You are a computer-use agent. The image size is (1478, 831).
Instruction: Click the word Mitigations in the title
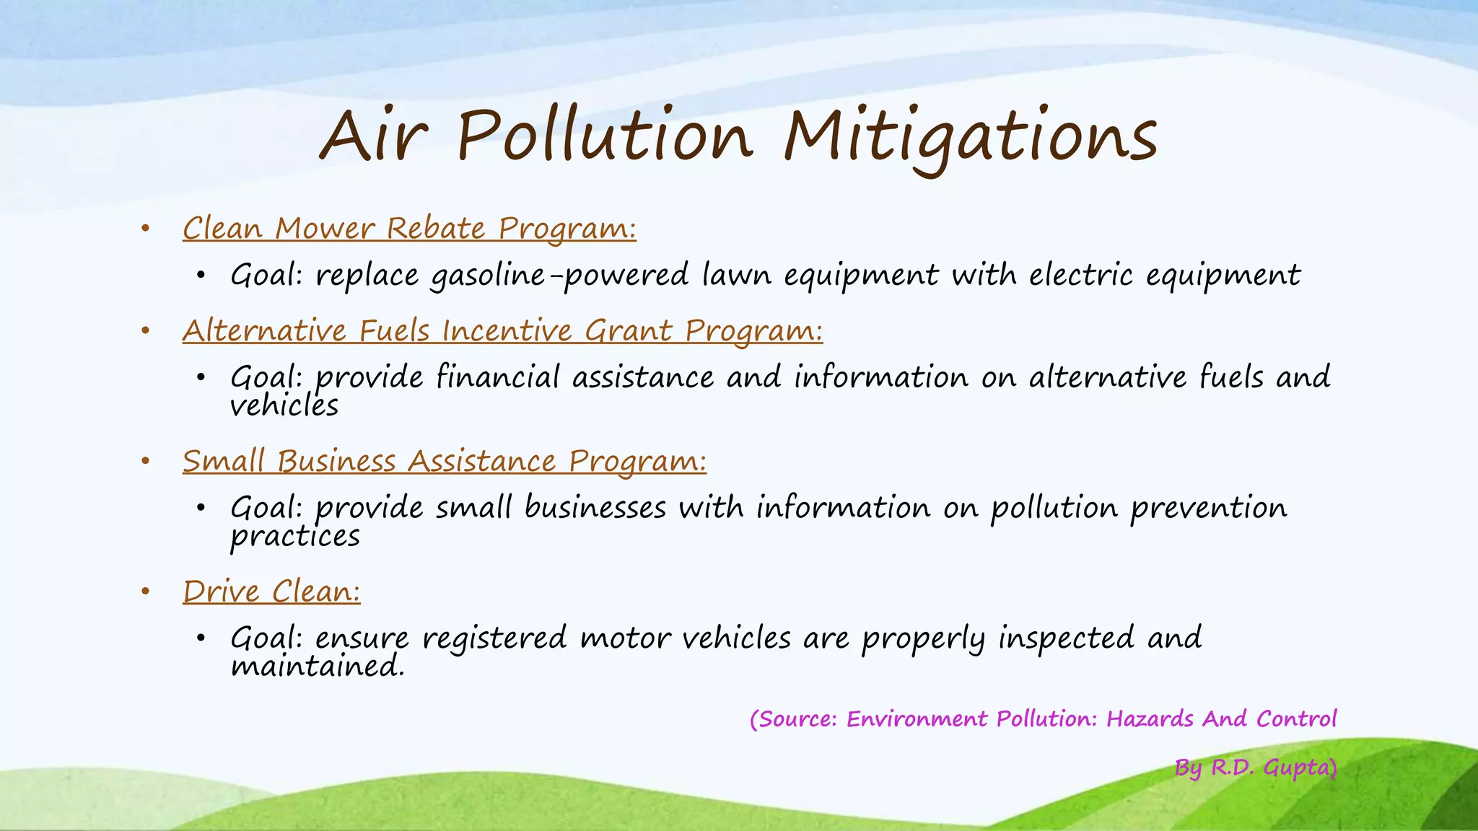pyautogui.click(x=971, y=137)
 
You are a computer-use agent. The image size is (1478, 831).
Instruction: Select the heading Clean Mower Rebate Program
pyautogui.click(x=409, y=229)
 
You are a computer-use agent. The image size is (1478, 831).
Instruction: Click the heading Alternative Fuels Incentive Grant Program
pyautogui.click(x=502, y=331)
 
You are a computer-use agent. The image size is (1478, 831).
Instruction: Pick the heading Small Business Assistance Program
pyautogui.click(x=444, y=462)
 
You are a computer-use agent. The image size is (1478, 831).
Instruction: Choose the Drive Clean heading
pyautogui.click(x=271, y=592)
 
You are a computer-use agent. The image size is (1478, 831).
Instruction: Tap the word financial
pyautogui.click(x=498, y=377)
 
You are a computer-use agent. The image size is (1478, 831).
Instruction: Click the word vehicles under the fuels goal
pyautogui.click(x=284, y=406)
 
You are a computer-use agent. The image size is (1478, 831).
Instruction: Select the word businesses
pyautogui.click(x=595, y=508)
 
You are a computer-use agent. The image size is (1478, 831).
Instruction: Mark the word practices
pyautogui.click(x=295, y=537)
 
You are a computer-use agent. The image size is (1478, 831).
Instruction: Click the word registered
pyautogui.click(x=494, y=639)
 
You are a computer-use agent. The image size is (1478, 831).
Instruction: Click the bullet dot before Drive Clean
pyautogui.click(x=145, y=592)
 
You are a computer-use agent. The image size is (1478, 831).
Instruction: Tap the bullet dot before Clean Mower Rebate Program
pyautogui.click(x=145, y=229)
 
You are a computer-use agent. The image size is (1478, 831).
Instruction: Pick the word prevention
pyautogui.click(x=1208, y=509)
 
